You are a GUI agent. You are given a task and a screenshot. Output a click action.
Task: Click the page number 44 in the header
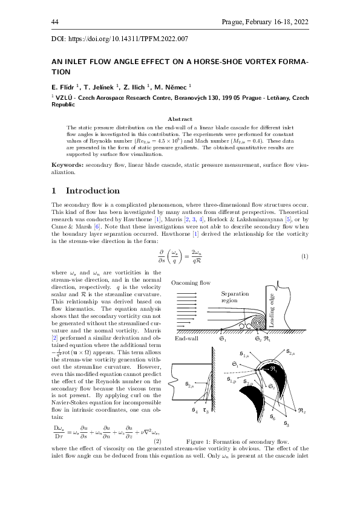click(54, 22)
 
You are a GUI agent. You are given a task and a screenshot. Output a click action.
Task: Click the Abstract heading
click(180, 120)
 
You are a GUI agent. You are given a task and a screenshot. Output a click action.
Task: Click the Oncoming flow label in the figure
click(191, 283)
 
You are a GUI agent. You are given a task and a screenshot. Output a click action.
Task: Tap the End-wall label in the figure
click(187, 339)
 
